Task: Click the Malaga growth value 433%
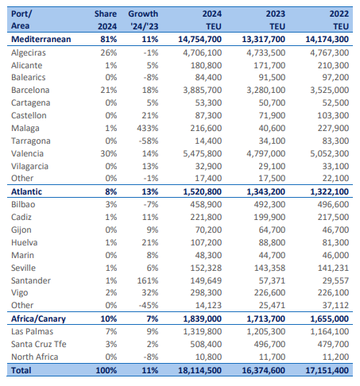pyautogui.click(x=148, y=128)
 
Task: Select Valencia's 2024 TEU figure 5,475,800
pyautogui.click(x=203, y=153)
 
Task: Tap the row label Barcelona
pyautogui.click(x=30, y=90)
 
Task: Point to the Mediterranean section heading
pyautogui.click(x=41, y=39)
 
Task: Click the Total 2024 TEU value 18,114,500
pyautogui.click(x=200, y=370)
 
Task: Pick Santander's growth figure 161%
pyautogui.click(x=148, y=280)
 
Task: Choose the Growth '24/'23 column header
pyautogui.click(x=143, y=20)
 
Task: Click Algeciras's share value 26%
pyautogui.click(x=109, y=52)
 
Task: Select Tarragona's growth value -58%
pyautogui.click(x=149, y=141)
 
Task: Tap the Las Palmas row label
pyautogui.click(x=32, y=331)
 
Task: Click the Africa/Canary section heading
pyautogui.click(x=38, y=318)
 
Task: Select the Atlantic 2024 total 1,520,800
pyautogui.click(x=203, y=191)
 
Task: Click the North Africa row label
pyautogui.click(x=35, y=357)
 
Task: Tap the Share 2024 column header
pyautogui.click(x=106, y=20)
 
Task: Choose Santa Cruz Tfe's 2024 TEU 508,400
pyautogui.click(x=206, y=344)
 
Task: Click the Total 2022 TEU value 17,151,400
pyautogui.click(x=327, y=370)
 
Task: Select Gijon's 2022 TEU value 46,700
pyautogui.click(x=335, y=230)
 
